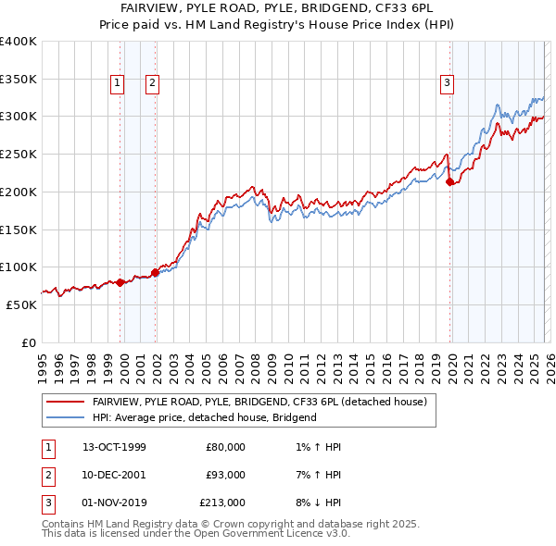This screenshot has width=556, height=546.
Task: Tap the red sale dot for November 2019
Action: pyautogui.click(x=450, y=183)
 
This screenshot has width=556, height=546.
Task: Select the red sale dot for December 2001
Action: pyautogui.click(x=155, y=272)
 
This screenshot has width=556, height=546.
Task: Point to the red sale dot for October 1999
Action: pyautogui.click(x=120, y=282)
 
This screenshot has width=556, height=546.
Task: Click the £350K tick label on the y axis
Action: pyautogui.click(x=19, y=80)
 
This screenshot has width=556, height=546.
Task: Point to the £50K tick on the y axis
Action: pyautogui.click(x=21, y=304)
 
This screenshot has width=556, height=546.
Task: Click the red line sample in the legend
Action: pyautogui.click(x=66, y=403)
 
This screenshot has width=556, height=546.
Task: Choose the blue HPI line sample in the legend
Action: pyautogui.click(x=66, y=418)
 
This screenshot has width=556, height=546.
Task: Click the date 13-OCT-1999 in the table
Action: pyautogui.click(x=114, y=447)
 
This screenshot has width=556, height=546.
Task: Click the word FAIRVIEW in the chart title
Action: pyautogui.click(x=149, y=6)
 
